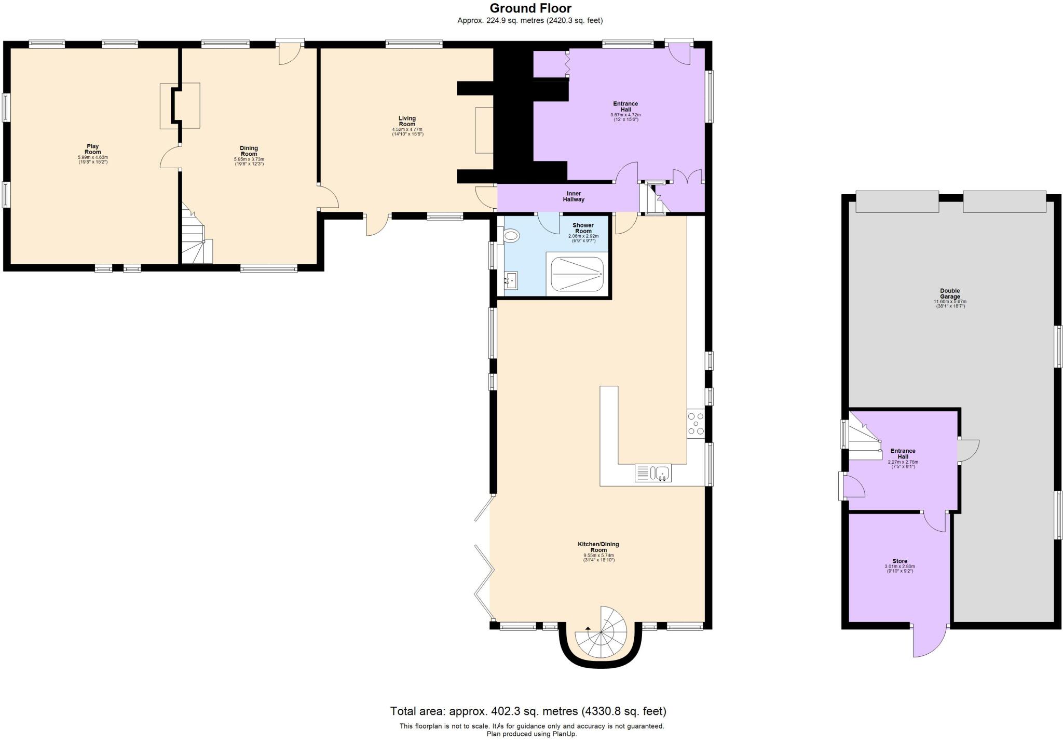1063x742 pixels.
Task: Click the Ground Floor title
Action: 530,8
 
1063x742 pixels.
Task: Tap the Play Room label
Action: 92,150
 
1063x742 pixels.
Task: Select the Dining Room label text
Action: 249,151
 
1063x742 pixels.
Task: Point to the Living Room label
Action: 407,122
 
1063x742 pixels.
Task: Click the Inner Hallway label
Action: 574,196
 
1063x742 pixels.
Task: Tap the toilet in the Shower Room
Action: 511,237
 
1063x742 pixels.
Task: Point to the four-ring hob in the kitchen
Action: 696,423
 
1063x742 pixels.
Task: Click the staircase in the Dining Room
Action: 196,239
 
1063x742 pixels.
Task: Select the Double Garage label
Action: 950,294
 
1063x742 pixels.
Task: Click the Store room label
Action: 900,561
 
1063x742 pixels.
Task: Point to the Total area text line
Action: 528,711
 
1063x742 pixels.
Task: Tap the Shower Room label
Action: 583,228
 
